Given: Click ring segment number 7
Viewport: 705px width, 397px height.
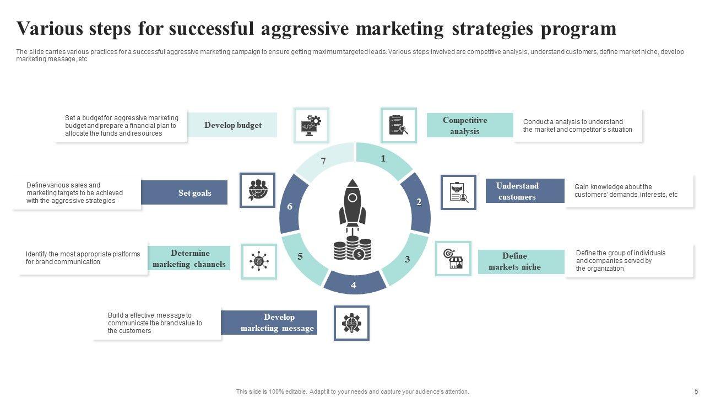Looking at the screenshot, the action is [324, 162].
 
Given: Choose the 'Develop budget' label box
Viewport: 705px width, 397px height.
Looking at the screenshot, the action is [232, 125].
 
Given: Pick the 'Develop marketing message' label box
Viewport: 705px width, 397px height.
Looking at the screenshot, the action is [269, 323].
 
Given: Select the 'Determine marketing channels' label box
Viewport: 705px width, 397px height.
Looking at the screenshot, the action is [189, 259].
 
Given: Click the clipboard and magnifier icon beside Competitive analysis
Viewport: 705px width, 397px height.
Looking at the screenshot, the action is [398, 125].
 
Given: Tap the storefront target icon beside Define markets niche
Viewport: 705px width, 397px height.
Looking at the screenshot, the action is [453, 258].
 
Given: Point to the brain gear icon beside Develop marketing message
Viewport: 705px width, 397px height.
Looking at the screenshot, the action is [351, 323].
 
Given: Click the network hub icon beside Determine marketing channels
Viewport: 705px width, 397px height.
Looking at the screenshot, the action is [259, 261].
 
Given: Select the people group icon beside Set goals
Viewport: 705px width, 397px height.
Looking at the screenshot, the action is [257, 190].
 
